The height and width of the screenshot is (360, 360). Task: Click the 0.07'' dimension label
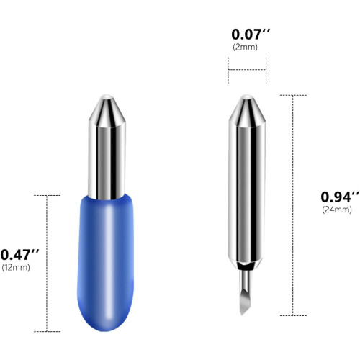pos(251,35)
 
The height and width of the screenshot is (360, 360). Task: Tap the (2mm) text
pos(245,47)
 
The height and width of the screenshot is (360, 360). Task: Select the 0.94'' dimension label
pos(340,197)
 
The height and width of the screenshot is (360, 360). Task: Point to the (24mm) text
pos(337,210)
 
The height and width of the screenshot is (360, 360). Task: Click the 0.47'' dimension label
pos(19,255)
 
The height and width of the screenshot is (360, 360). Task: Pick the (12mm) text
pos(16,267)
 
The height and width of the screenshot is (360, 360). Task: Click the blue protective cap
pos(106,263)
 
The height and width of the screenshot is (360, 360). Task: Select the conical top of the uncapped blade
pos(247,110)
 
